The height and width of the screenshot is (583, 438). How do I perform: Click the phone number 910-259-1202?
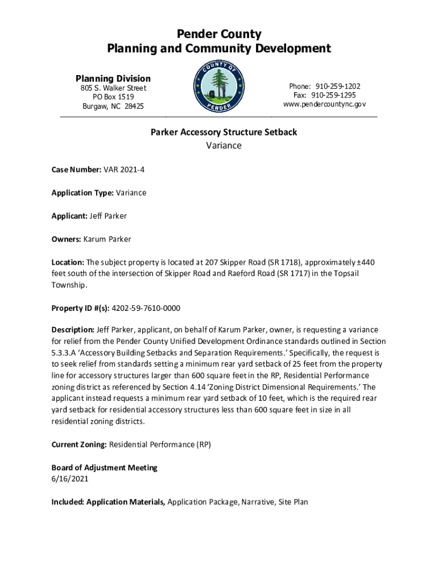click(339, 86)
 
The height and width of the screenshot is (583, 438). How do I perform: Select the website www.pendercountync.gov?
click(324, 104)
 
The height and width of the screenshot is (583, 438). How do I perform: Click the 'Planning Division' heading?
click(113, 78)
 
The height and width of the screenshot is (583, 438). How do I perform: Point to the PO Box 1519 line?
click(113, 97)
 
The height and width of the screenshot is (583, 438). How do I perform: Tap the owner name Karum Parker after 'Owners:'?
click(107, 239)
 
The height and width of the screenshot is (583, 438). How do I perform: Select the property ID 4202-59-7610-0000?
click(146, 308)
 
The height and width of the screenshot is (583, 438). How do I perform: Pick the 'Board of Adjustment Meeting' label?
click(104, 467)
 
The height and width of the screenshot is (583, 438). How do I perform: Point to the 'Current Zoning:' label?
click(78, 444)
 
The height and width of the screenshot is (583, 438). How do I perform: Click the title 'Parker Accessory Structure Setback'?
click(224, 133)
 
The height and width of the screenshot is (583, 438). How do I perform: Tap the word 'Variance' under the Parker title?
click(224, 145)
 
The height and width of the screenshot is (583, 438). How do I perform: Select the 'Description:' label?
click(73, 330)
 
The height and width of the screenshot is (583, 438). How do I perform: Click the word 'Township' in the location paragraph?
click(68, 285)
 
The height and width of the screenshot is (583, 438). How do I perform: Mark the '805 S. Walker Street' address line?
click(113, 88)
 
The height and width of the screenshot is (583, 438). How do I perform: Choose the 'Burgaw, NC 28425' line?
click(113, 106)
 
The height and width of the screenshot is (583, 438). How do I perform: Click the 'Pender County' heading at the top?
click(219, 34)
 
